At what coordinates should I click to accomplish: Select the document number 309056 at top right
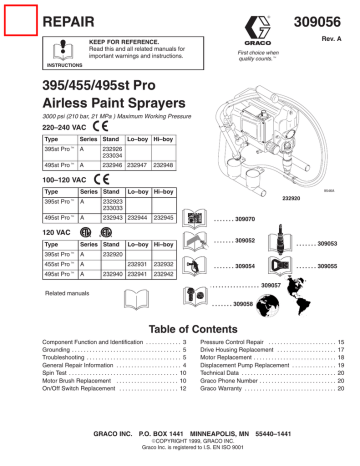click(x=321, y=19)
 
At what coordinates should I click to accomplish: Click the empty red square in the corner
click(x=19, y=18)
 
